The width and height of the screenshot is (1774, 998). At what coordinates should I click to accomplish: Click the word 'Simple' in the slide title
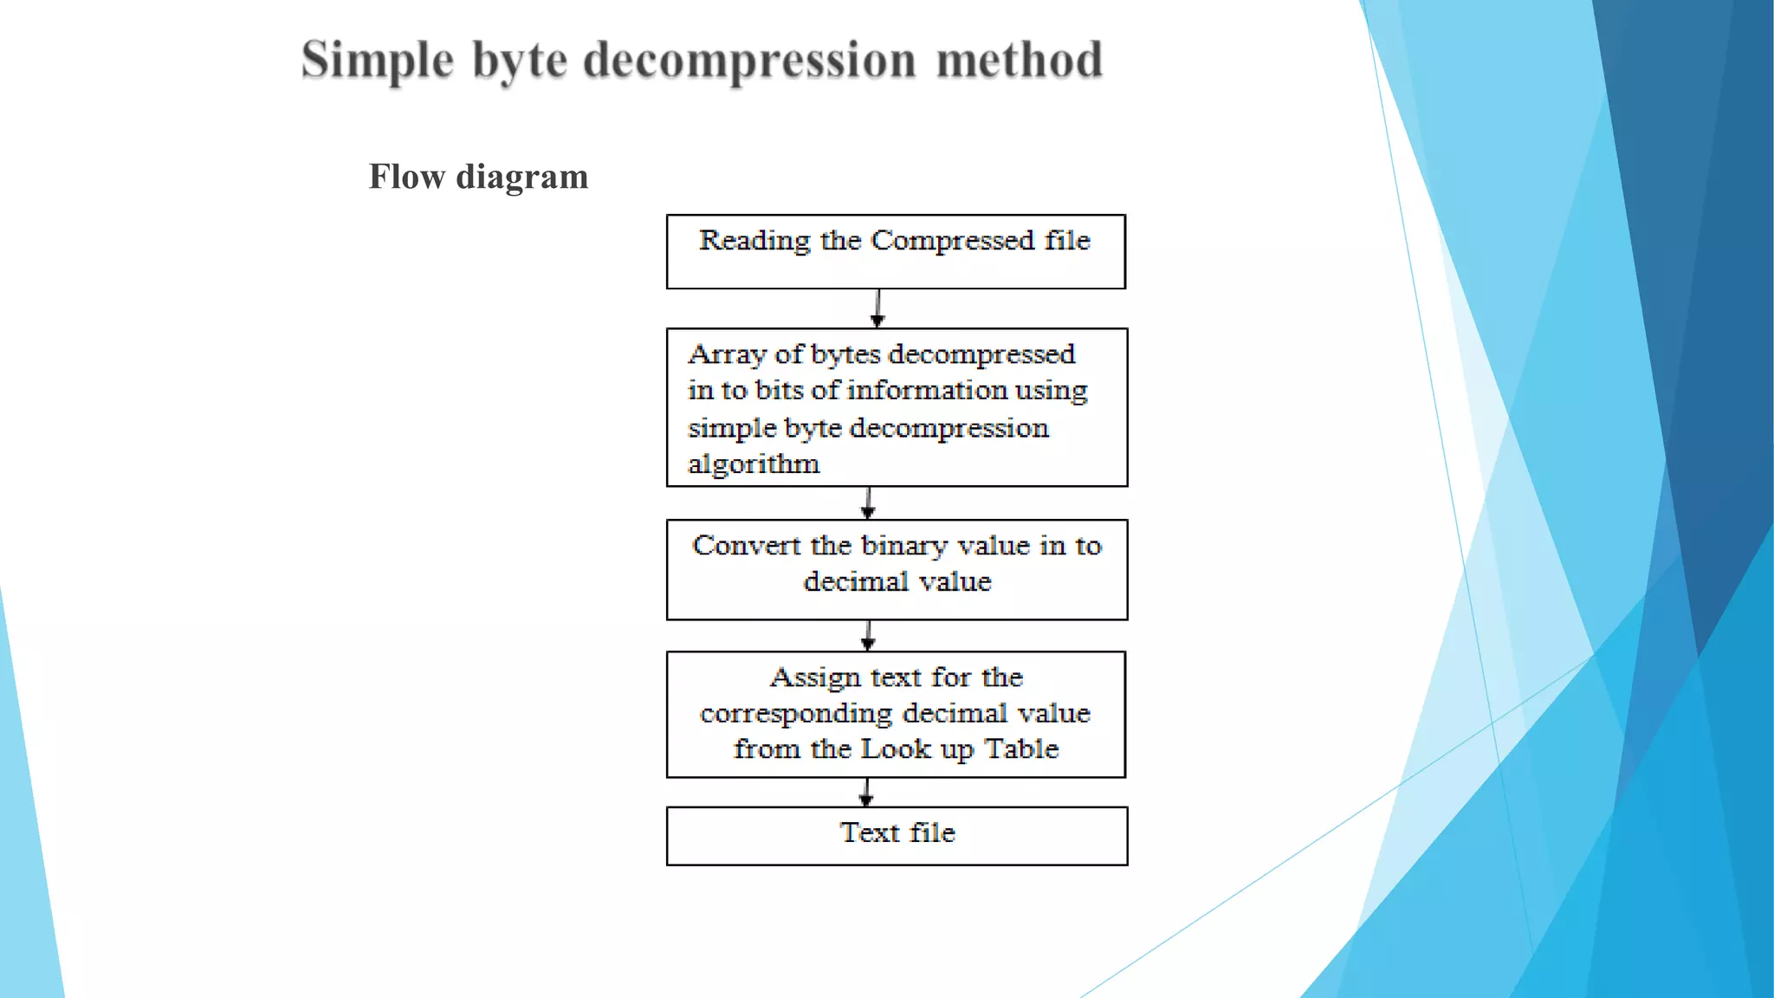pyautogui.click(x=378, y=61)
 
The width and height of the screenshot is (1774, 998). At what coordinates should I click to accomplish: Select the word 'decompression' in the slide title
pyautogui.click(x=749, y=61)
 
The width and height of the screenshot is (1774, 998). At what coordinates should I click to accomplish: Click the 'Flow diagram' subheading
pyautogui.click(x=478, y=177)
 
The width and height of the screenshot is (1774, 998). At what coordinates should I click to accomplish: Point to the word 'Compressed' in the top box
pyautogui.click(x=952, y=240)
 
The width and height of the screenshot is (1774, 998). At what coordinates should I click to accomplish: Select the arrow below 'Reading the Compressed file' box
pyautogui.click(x=877, y=308)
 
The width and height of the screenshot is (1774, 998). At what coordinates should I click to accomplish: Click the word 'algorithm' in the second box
pyautogui.click(x=754, y=464)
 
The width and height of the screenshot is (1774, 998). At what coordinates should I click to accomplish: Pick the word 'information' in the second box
pyautogui.click(x=927, y=391)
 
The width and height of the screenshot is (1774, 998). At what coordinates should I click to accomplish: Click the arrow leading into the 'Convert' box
pyautogui.click(x=868, y=502)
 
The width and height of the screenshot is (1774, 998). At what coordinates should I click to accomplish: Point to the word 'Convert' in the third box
pyautogui.click(x=746, y=546)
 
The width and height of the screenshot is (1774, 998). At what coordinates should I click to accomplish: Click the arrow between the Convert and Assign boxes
pyautogui.click(x=868, y=636)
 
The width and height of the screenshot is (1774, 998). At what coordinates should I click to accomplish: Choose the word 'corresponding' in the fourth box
pyautogui.click(x=796, y=714)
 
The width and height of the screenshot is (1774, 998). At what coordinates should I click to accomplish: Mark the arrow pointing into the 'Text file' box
pyautogui.click(x=866, y=793)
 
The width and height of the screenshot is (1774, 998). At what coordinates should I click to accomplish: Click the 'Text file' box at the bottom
pyautogui.click(x=897, y=835)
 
